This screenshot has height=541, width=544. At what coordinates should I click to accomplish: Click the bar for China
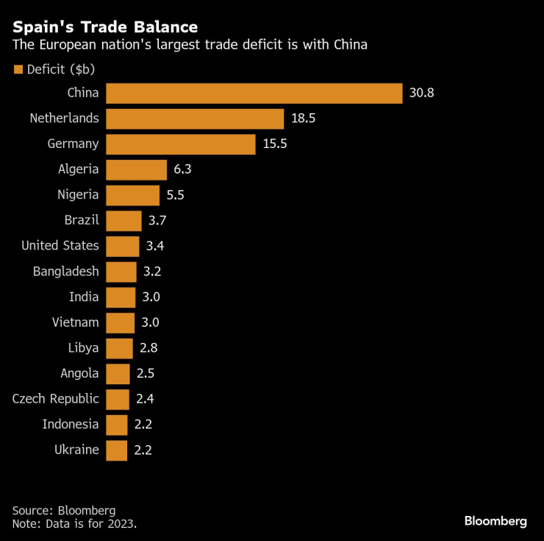click(254, 93)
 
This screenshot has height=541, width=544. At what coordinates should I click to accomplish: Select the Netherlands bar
click(195, 119)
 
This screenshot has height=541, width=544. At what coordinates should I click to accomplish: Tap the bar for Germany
click(181, 144)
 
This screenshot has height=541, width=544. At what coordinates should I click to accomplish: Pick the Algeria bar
click(136, 169)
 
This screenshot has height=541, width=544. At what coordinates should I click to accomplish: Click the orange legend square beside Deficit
click(18, 70)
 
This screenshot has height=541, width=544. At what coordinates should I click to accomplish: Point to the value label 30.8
click(421, 93)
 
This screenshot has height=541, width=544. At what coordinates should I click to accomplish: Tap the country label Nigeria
click(78, 195)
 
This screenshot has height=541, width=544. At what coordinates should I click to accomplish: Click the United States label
click(60, 245)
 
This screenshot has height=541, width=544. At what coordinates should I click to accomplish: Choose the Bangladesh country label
click(65, 271)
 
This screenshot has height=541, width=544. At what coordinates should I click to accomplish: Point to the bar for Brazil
click(124, 220)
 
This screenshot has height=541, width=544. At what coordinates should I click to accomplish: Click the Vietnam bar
click(121, 322)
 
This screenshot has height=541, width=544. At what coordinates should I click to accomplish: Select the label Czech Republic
click(55, 398)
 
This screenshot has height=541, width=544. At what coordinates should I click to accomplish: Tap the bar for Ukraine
click(117, 449)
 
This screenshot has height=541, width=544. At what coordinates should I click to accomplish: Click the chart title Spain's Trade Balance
click(105, 27)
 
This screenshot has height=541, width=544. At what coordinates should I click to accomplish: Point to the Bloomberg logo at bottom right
click(495, 521)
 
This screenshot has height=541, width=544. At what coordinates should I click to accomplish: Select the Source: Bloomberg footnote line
click(64, 510)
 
